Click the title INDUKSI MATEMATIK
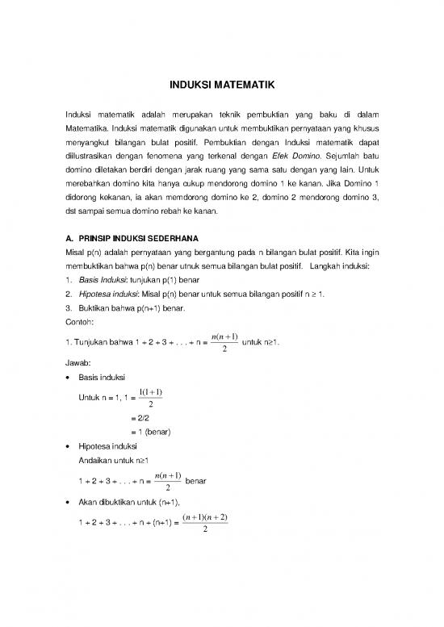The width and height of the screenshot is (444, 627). coord(221,83)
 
